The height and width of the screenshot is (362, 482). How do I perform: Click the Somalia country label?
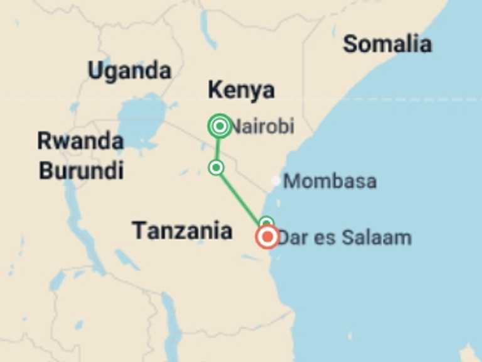coord(387,45)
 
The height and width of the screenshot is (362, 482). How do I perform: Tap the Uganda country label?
coord(129,70)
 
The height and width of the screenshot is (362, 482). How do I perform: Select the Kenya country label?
coord(241,90)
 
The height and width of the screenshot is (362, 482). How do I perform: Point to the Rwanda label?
coord(80,141)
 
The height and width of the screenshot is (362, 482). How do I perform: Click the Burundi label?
coord(81,170)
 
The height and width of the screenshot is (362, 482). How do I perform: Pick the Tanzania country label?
coord(182,231)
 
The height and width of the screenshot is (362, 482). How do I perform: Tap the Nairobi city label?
coord(262,127)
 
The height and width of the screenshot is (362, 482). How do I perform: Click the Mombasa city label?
coord(330,182)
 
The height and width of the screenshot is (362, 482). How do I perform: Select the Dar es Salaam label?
coord(345,238)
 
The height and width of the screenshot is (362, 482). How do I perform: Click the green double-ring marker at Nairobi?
coord(219,126)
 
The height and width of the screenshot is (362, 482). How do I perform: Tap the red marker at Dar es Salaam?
coord(268,237)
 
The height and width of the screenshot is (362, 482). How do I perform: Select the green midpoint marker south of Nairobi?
coord(217,167)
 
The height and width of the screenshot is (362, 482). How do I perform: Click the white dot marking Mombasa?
coord(276,181)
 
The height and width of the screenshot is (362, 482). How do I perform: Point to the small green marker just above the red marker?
coord(266,222)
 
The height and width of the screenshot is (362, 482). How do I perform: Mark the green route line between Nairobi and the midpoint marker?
coord(218,148)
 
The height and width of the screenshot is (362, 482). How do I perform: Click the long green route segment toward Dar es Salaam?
coord(240,195)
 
